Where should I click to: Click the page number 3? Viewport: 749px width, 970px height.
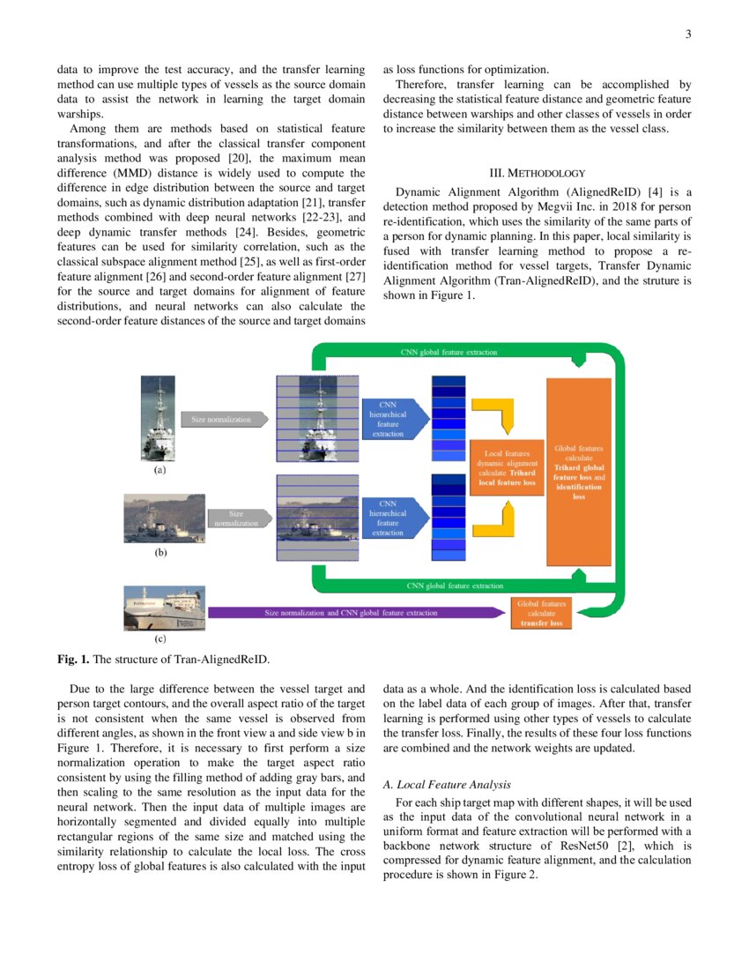tap(687, 34)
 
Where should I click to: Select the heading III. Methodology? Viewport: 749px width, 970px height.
tap(538, 173)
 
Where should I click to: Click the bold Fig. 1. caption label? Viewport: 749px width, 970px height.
tap(73, 659)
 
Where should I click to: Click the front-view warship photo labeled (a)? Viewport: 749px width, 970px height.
tap(159, 418)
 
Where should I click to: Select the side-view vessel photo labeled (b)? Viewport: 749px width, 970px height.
tap(159, 519)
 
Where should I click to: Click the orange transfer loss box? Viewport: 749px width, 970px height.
tap(542, 613)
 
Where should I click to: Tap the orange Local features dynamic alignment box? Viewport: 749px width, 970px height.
tap(507, 468)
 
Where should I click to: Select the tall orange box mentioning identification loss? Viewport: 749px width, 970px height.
tap(579, 472)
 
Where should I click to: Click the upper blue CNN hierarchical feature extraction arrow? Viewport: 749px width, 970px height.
tap(392, 419)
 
